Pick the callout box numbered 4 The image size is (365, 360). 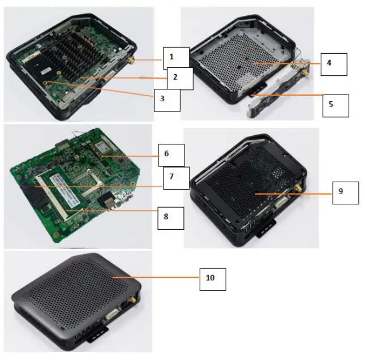click(x=333, y=64)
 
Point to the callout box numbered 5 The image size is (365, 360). click(x=335, y=105)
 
